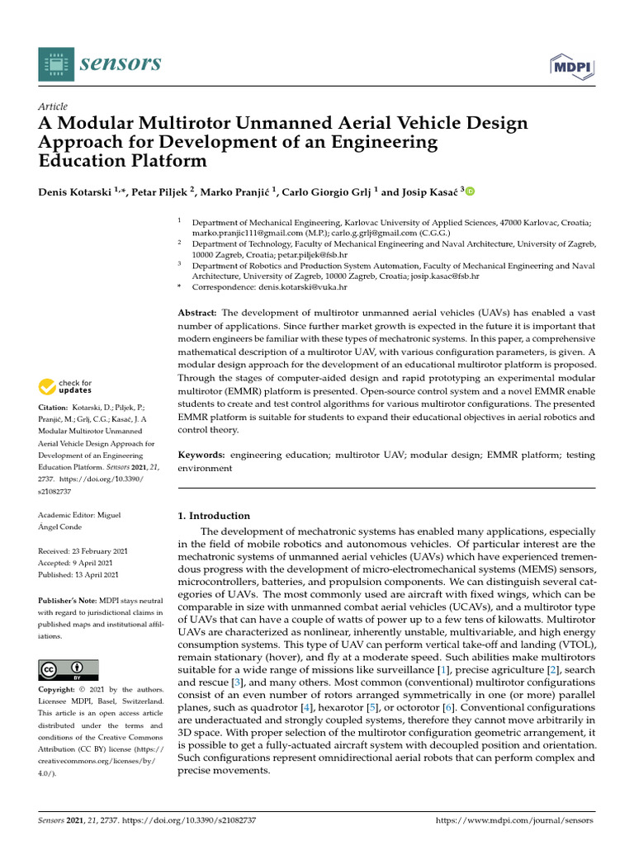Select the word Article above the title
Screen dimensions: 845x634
(x=53, y=107)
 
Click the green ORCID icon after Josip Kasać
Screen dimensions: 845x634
(x=471, y=192)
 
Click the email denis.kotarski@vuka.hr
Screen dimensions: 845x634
(x=310, y=287)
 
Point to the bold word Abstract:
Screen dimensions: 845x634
(x=197, y=314)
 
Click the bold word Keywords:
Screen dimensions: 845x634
(x=202, y=455)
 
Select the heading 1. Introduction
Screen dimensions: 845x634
(x=214, y=516)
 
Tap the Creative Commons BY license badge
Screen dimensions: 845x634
(x=69, y=669)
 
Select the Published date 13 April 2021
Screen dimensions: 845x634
(x=83, y=574)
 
